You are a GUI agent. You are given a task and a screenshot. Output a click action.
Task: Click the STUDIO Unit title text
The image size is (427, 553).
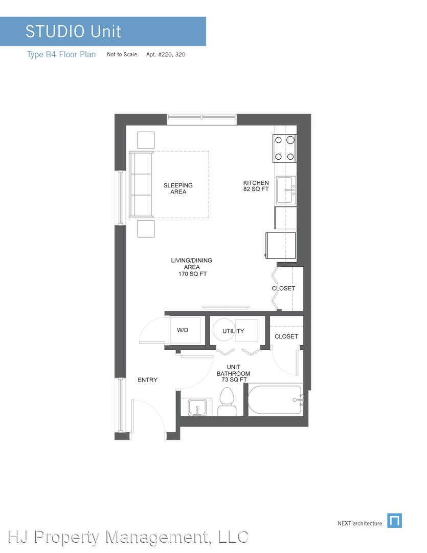coord(73,31)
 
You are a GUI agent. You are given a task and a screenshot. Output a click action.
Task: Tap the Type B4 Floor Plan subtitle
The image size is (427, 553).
coord(61,55)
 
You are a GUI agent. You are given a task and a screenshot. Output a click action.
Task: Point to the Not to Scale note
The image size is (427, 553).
coord(122,54)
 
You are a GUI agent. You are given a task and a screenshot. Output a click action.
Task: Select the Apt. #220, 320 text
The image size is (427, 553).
coord(166,54)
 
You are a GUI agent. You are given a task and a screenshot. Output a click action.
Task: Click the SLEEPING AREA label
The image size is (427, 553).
coord(178,188)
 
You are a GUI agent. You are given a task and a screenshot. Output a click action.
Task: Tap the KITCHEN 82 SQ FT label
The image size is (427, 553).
coord(256,186)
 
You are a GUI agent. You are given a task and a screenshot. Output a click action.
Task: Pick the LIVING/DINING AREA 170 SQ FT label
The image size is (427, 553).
coord(192,267)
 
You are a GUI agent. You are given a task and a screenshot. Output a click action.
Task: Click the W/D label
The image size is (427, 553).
coord(183,330)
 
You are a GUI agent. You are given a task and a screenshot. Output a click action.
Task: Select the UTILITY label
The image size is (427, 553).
coord(233,331)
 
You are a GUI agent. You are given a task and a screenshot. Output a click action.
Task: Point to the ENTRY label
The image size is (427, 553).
coord(147,380)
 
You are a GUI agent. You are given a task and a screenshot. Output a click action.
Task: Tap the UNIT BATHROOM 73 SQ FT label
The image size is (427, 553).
coord(233,373)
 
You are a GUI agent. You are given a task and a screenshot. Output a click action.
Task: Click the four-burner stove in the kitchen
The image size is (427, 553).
coord(284,148)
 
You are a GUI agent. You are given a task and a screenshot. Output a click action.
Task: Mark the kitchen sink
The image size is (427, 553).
coord(286,190)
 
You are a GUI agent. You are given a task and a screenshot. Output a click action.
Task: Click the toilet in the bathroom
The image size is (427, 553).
coord(227,402)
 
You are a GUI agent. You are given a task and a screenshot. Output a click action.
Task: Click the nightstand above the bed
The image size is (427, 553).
coord(146,140)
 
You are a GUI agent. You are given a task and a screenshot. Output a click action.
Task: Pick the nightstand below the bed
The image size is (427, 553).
coord(146,228)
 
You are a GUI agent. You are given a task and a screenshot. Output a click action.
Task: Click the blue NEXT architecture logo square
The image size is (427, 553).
coord(394,521)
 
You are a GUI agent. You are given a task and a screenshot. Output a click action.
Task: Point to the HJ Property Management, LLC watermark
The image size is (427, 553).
coord(128,537)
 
